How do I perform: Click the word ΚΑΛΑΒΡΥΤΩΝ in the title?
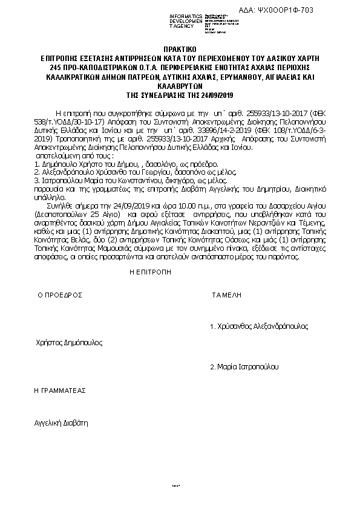[180, 86]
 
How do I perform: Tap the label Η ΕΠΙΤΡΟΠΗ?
[148, 272]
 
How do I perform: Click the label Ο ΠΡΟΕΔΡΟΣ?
[60, 296]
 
